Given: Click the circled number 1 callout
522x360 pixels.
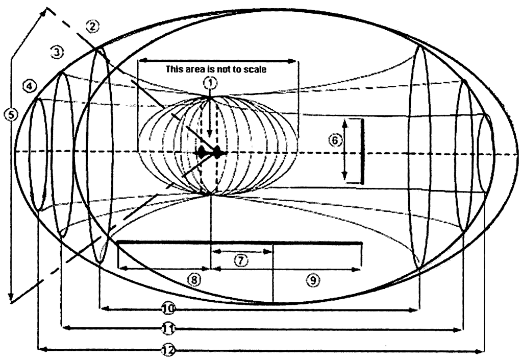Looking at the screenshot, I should click(210, 82).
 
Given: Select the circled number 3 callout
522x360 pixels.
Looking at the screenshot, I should click(57, 52).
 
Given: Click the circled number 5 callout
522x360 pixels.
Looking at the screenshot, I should click(8, 116).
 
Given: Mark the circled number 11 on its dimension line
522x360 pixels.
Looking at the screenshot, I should click(166, 329).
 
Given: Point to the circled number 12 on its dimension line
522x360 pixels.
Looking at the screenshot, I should click(166, 350).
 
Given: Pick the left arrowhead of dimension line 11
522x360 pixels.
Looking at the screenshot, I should click(64, 329).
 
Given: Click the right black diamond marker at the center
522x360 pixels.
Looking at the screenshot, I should click(216, 152).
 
